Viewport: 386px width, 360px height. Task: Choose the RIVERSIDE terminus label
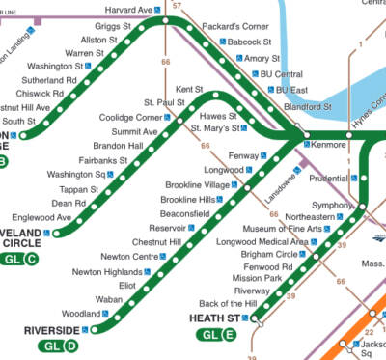pyautogui.click(x=50, y=329)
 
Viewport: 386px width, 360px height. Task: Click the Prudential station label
pyautogui.click(x=326, y=179)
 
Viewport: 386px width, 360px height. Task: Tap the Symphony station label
pyautogui.click(x=330, y=205)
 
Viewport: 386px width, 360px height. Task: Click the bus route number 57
pyautogui.click(x=176, y=6)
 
